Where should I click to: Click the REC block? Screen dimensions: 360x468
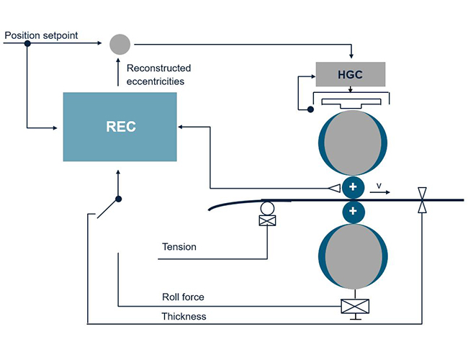point(120,127)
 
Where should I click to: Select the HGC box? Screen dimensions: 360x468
point(351,74)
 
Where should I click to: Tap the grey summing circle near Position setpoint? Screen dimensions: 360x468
point(120,44)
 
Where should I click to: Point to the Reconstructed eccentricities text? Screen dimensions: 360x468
point(158,74)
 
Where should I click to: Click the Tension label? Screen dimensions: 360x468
point(179,247)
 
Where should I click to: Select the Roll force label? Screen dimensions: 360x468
point(183,297)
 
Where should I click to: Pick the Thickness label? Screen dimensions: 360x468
point(184,315)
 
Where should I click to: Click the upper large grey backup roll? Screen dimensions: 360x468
point(352,142)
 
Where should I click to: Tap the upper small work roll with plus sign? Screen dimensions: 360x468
point(353,187)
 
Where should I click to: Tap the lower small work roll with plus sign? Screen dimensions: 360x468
point(353,212)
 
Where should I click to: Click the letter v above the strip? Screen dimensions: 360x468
point(379,186)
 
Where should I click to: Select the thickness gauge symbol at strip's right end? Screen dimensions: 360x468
point(423,199)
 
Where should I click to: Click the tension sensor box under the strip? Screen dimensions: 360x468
point(267,221)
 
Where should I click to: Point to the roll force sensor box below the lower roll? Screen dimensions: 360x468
point(352,306)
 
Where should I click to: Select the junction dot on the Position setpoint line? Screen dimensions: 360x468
point(27,44)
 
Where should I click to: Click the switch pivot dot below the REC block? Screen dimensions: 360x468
point(119,199)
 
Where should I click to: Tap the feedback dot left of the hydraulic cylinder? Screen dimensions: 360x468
point(310,109)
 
